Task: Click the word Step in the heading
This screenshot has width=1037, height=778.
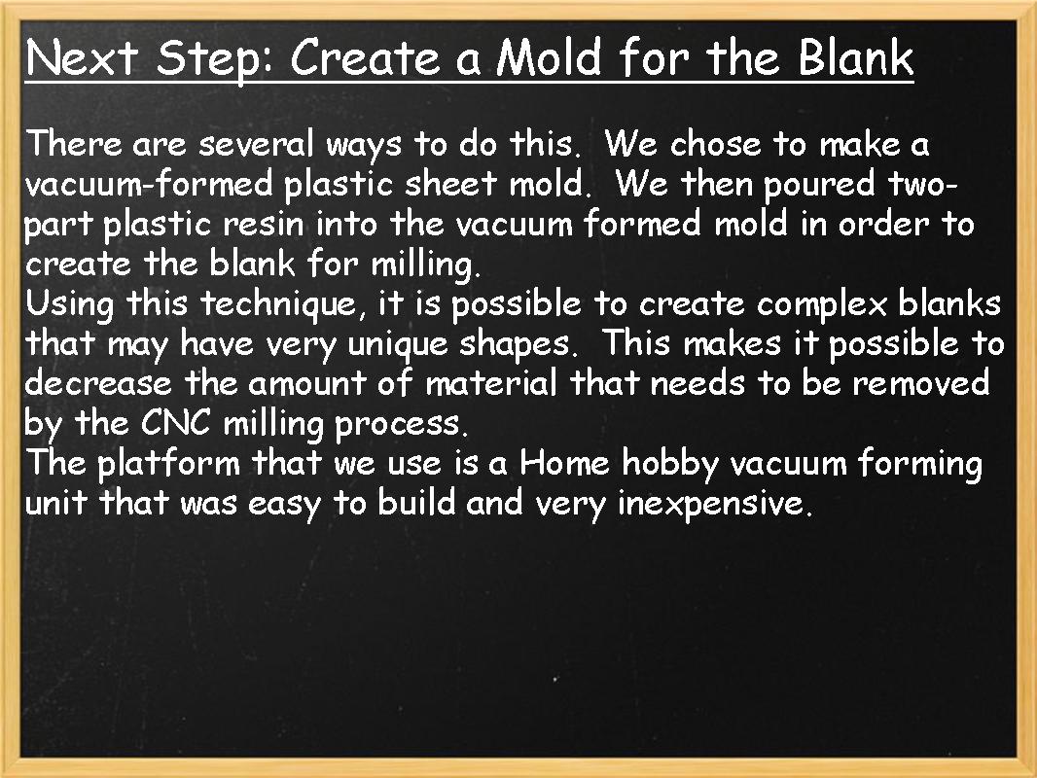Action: pos(214,58)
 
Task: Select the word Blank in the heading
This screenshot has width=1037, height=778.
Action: pos(855,58)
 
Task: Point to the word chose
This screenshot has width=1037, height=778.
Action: pos(716,145)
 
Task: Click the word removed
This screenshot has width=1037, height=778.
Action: pos(920,383)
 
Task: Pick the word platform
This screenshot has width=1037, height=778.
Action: pos(167,463)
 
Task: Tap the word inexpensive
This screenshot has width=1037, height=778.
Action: pos(714,504)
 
